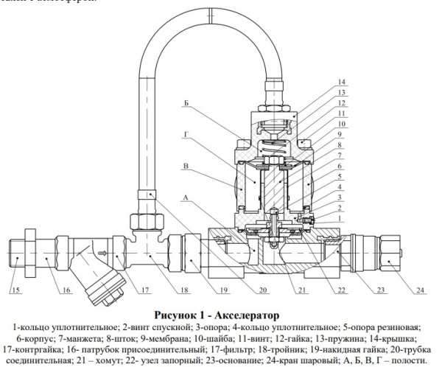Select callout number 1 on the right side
pos(340,218)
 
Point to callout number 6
pos(340,168)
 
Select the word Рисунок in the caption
pos(179,314)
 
